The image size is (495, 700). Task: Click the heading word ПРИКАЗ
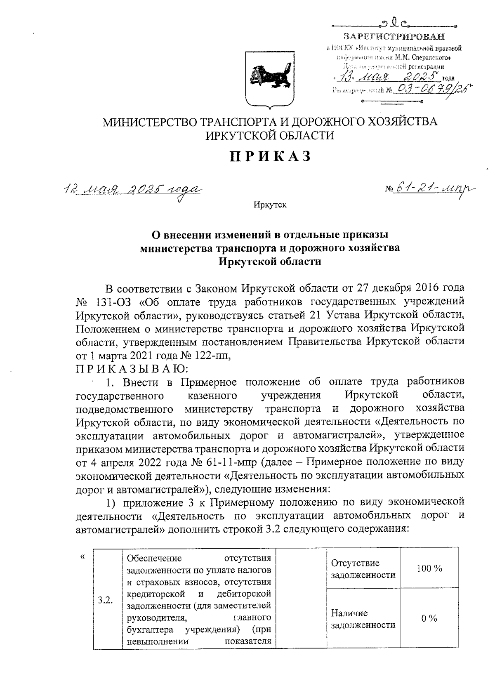[x=270, y=157]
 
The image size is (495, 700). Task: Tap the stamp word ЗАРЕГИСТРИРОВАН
[x=395, y=37]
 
